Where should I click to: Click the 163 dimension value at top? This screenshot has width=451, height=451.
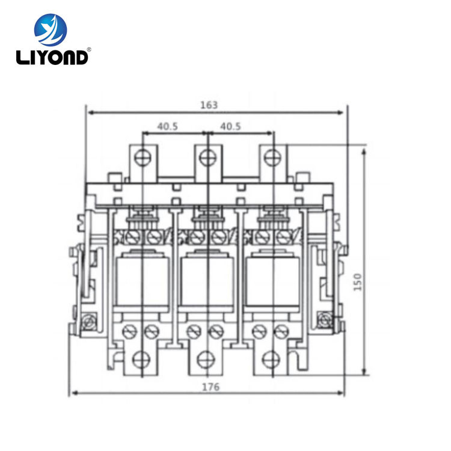tap(209, 104)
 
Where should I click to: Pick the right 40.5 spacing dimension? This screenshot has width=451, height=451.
tap(230, 126)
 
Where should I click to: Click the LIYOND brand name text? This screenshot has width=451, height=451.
tap(53, 57)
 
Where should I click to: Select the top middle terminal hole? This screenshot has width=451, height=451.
tap(207, 158)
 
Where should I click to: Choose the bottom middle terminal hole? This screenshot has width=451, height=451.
tap(207, 358)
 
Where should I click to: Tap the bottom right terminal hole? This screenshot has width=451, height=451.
tap(272, 358)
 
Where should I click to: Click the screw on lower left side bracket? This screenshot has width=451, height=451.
tap(90, 321)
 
